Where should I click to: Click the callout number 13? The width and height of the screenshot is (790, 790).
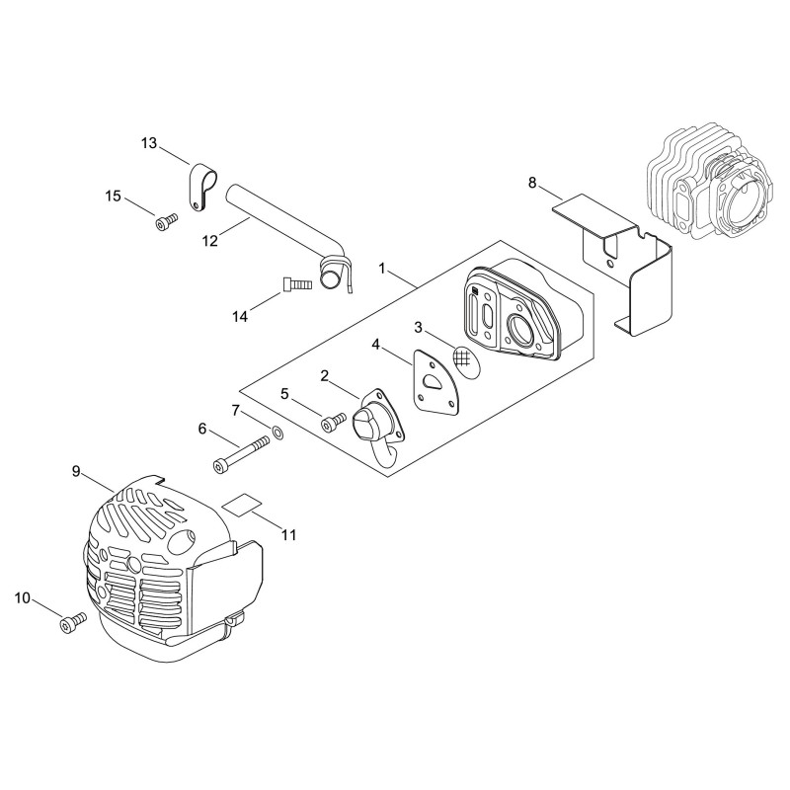click(149, 143)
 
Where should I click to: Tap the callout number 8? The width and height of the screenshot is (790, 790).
click(532, 183)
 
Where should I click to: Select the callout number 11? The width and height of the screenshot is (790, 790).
click(288, 534)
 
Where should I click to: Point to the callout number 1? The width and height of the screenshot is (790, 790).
click(382, 269)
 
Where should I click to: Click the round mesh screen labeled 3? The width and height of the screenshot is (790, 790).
click(465, 360)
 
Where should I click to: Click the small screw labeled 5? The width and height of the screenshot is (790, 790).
click(333, 423)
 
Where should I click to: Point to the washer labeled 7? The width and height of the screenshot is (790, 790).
click(277, 432)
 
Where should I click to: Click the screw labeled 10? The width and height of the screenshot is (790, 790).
click(72, 621)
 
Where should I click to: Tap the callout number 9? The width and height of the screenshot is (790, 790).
click(76, 472)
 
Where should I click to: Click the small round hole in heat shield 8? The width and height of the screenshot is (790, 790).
click(610, 264)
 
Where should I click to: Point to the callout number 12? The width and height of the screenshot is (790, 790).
click(210, 241)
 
